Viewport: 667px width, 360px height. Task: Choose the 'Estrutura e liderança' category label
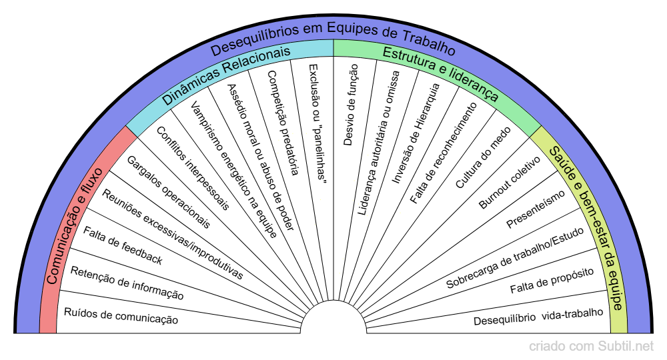(x=440, y=73)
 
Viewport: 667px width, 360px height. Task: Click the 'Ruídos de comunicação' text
(x=121, y=316)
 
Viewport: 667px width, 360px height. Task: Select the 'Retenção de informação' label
(x=126, y=283)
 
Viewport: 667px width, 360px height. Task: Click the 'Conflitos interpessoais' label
(x=192, y=167)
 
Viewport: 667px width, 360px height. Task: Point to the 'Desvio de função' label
(x=350, y=104)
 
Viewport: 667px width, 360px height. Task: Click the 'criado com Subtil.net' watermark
(x=591, y=347)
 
